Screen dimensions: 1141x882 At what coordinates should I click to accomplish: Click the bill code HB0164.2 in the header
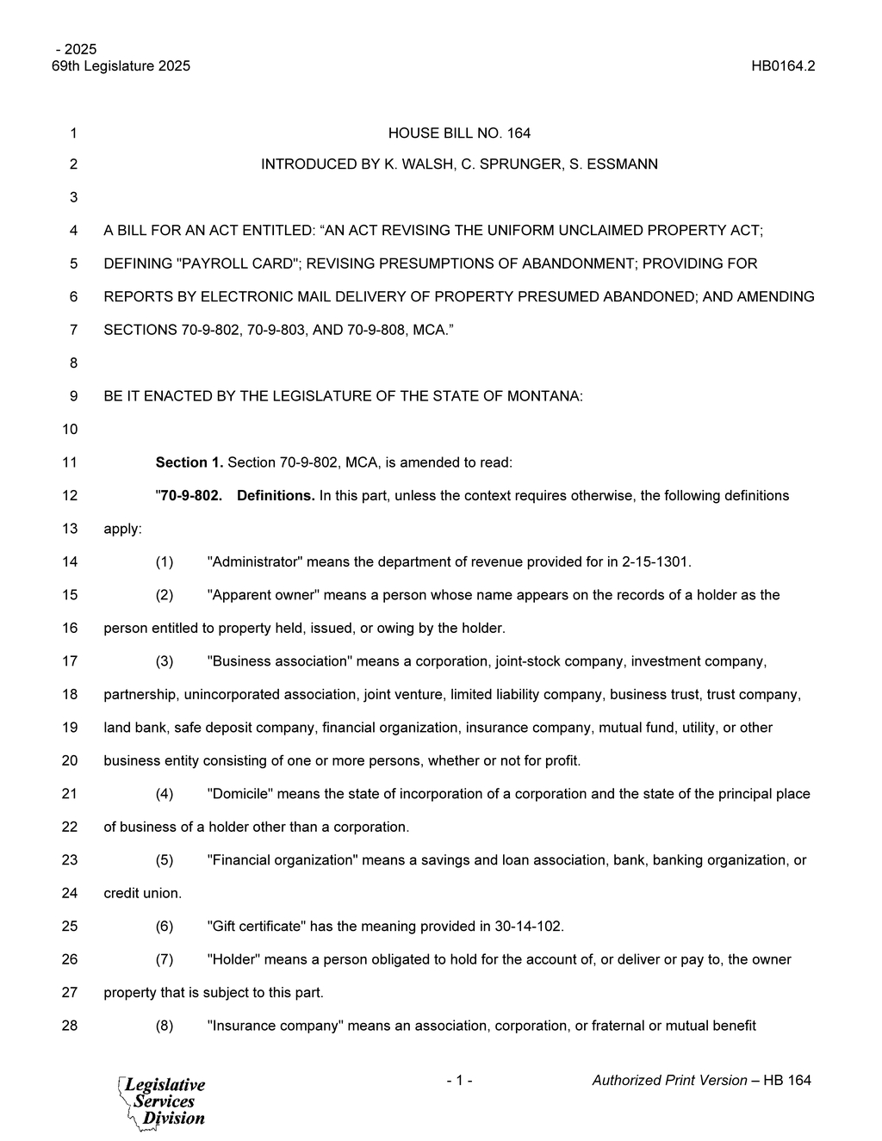[783, 66]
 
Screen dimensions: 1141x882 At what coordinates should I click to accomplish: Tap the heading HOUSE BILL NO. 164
[459, 133]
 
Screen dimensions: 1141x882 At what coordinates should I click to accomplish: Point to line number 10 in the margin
[70, 429]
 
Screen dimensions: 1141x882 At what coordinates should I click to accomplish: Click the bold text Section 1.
[189, 462]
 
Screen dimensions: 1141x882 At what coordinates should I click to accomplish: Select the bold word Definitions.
[276, 495]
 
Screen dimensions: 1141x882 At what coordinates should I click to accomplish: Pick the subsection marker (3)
[165, 661]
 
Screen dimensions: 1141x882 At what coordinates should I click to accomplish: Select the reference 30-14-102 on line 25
[528, 926]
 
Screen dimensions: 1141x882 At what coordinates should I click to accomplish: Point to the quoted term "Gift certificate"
[257, 926]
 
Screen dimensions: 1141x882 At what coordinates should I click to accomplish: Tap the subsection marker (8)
[165, 1026]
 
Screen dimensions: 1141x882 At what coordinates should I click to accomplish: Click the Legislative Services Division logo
[163, 1101]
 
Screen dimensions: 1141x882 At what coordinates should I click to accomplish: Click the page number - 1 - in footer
[459, 1080]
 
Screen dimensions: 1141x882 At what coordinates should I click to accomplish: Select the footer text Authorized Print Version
[669, 1080]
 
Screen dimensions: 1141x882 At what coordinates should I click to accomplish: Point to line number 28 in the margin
[70, 1026]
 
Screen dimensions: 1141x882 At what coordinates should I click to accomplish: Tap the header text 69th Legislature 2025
[121, 66]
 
